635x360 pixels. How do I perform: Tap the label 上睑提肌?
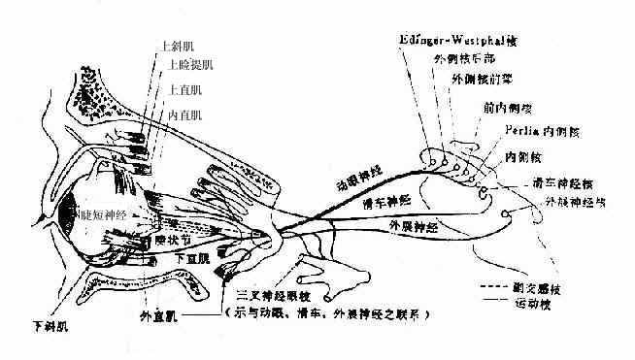pyautogui.click(x=189, y=65)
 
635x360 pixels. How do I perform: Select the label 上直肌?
pyautogui.click(x=184, y=90)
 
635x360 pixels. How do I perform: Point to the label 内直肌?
pyautogui.click(x=184, y=115)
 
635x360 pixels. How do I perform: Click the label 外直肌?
pyautogui.click(x=157, y=314)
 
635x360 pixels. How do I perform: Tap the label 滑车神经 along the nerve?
pyautogui.click(x=382, y=205)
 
